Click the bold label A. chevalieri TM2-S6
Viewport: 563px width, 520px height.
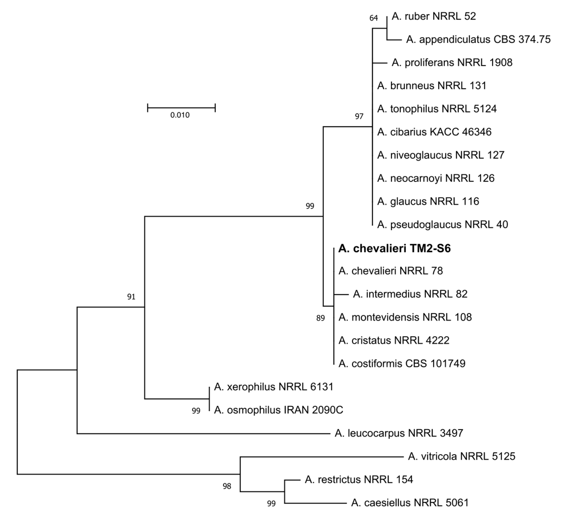pyautogui.click(x=394, y=249)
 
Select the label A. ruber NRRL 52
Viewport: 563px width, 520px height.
pyautogui.click(x=434, y=16)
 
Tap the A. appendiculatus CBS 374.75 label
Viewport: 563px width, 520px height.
pyautogui.click(x=478, y=39)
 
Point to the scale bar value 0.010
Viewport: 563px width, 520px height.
pyautogui.click(x=180, y=115)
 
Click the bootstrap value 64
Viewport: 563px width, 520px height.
pyautogui.click(x=373, y=18)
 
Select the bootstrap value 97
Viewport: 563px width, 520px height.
pyautogui.click(x=359, y=116)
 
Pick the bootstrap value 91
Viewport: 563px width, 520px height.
pyautogui.click(x=131, y=297)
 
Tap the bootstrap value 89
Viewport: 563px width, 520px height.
pyautogui.click(x=320, y=318)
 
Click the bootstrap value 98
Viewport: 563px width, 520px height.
pyautogui.click(x=227, y=486)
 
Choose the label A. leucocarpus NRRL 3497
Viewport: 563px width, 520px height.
pyautogui.click(x=399, y=433)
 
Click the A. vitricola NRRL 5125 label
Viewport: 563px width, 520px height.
pyautogui.click(x=461, y=456)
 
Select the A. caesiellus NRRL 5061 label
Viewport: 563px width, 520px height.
pyautogui.click(x=410, y=503)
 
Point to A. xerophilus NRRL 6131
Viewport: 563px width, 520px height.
pyautogui.click(x=273, y=387)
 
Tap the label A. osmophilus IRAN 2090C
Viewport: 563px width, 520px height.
pyautogui.click(x=278, y=410)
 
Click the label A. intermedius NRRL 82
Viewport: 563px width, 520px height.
pyautogui.click(x=410, y=294)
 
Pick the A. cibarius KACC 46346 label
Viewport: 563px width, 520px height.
pyautogui.click(x=434, y=132)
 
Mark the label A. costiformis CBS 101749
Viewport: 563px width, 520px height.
pyautogui.click(x=402, y=364)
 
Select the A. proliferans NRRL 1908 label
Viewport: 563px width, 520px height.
pyautogui.click(x=452, y=62)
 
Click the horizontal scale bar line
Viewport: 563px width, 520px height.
pyautogui.click(x=181, y=107)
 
